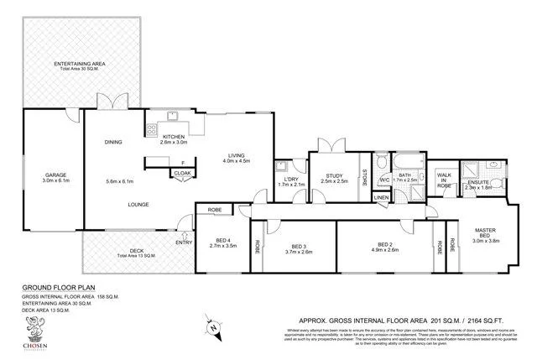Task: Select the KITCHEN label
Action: [x=174, y=137]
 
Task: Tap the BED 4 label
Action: [x=222, y=241]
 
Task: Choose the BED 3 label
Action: [x=299, y=244]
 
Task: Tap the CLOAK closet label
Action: [x=182, y=173]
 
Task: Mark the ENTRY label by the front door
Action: [x=184, y=243]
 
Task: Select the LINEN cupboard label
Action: [x=381, y=197]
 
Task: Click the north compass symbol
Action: [x=214, y=325]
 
